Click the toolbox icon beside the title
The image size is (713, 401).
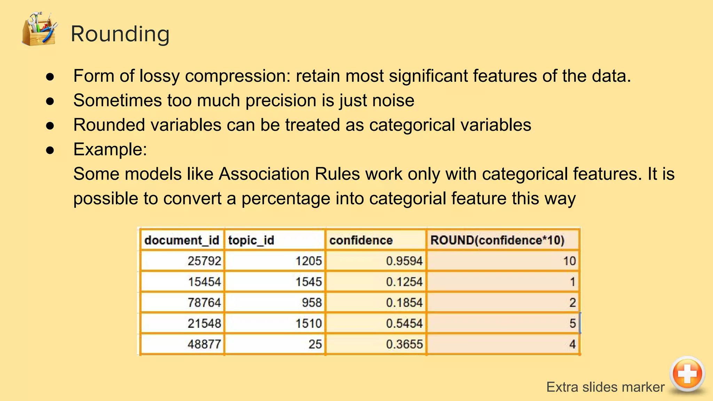pyautogui.click(x=39, y=29)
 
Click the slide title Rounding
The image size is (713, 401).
pyautogui.click(x=120, y=34)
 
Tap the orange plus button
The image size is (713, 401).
pyautogui.click(x=687, y=374)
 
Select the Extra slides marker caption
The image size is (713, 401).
pyautogui.click(x=605, y=387)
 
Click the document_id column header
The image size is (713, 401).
pyautogui.click(x=181, y=240)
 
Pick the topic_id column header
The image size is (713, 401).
pyautogui.click(x=251, y=240)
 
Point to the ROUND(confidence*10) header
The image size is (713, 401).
pyautogui.click(x=497, y=240)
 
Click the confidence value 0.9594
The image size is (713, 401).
pyautogui.click(x=404, y=261)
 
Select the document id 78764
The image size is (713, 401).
pyautogui.click(x=204, y=302)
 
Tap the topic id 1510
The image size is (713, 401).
pyautogui.click(x=308, y=323)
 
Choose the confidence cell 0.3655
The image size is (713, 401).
pyautogui.click(x=404, y=344)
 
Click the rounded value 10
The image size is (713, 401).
pyautogui.click(x=569, y=261)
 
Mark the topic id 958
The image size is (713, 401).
pyautogui.click(x=312, y=302)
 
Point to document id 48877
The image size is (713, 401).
pyautogui.click(x=204, y=344)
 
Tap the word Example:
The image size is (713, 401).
pyautogui.click(x=110, y=150)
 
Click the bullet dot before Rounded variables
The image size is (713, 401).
pyautogui.click(x=50, y=126)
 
